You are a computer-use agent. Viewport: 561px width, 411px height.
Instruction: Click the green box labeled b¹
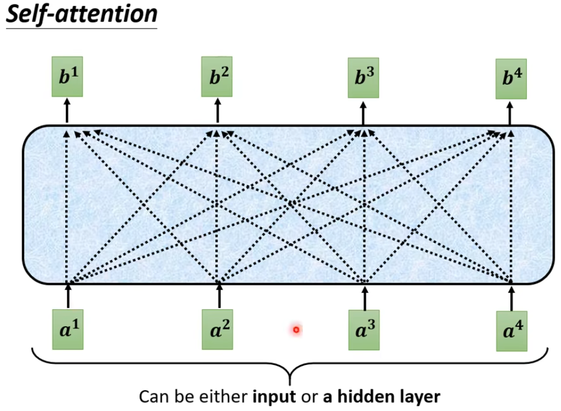[x=67, y=77]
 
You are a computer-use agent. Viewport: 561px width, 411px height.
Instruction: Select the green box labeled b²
[x=217, y=77]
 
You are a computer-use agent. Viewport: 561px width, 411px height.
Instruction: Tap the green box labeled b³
[x=363, y=77]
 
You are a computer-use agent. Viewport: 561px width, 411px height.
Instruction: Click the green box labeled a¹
[x=67, y=330]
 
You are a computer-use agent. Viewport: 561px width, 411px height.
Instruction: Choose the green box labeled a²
[x=217, y=330]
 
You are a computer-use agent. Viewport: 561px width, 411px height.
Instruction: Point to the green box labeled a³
[x=364, y=330]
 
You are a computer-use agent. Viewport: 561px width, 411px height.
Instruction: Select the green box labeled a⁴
[x=512, y=331]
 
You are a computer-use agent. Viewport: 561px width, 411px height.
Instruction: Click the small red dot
[x=296, y=330]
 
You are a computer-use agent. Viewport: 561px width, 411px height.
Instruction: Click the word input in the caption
[x=270, y=397]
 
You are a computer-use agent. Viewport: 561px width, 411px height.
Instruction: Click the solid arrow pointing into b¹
[x=67, y=110]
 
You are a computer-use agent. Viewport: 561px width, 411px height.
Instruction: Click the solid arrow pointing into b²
[x=217, y=110]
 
